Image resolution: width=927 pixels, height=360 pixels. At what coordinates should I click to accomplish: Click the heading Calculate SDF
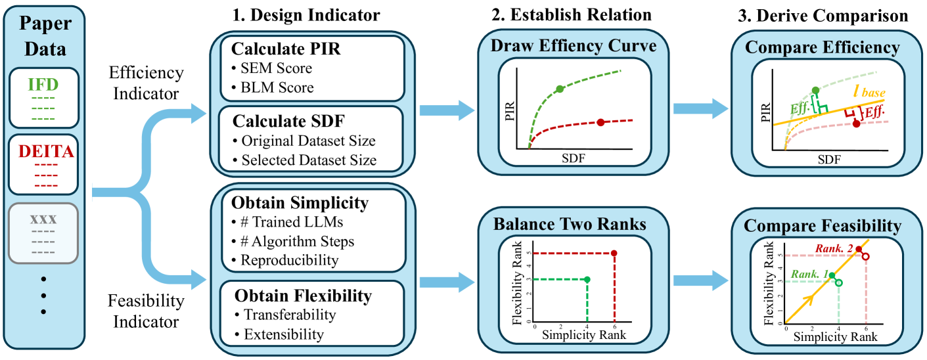(275, 121)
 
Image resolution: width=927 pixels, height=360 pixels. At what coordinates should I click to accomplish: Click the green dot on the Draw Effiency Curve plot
(560, 88)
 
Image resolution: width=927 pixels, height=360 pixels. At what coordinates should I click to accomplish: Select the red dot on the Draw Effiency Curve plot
(600, 123)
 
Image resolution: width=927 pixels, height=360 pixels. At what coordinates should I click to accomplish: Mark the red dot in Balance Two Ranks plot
(614, 253)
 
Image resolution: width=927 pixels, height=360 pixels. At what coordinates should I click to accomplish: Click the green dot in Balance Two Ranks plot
(587, 279)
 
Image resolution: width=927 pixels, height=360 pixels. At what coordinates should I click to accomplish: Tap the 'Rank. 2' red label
(833, 248)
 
